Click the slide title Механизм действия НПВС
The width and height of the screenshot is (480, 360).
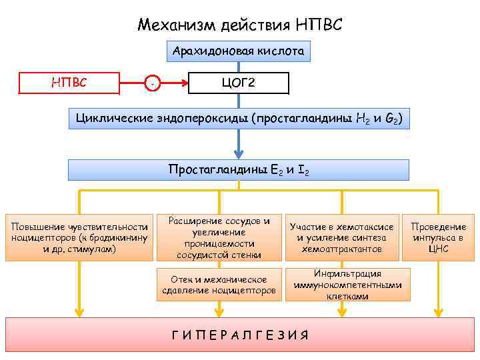pyautogui.click(x=240, y=25)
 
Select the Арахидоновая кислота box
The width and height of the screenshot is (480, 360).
pyautogui.click(x=239, y=51)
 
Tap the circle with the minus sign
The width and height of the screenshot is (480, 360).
pyautogui.click(x=153, y=83)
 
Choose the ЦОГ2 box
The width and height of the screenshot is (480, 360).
pyautogui.click(x=239, y=83)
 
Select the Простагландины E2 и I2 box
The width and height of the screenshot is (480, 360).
pyautogui.click(x=239, y=170)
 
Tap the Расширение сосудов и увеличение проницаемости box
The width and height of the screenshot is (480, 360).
pyautogui.click(x=219, y=237)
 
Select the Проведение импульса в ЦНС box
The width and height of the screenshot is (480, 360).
pyautogui.click(x=438, y=237)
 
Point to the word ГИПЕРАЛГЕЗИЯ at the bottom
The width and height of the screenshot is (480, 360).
pyautogui.click(x=239, y=335)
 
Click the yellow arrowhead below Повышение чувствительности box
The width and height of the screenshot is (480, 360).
pyautogui.click(x=79, y=311)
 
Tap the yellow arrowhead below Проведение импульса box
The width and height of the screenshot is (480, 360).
pyautogui.click(x=438, y=311)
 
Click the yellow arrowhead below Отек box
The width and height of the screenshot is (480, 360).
pyautogui.click(x=219, y=311)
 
